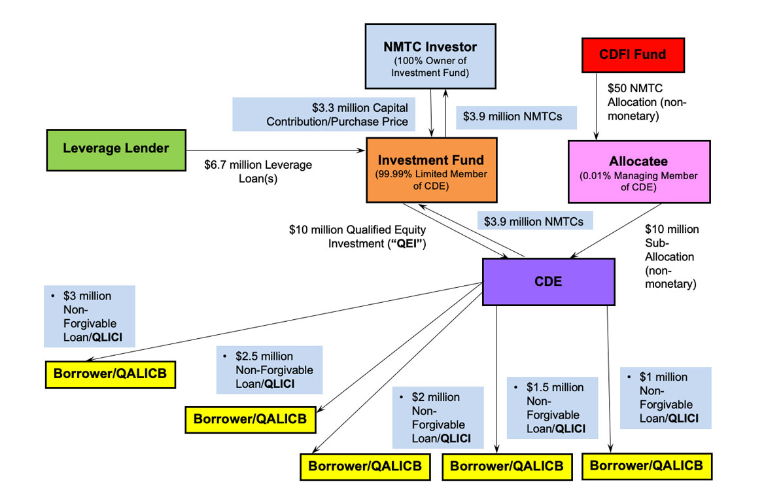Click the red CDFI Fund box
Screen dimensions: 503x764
tap(633, 55)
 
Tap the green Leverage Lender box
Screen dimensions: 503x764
tap(116, 148)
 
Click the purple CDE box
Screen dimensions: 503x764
tap(548, 282)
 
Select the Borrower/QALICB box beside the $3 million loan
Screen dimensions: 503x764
tap(110, 374)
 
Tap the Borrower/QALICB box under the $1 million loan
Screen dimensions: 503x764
tap(646, 466)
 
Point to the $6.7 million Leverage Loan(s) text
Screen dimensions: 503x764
tap(258, 171)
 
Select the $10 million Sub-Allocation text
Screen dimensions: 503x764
tap(670, 256)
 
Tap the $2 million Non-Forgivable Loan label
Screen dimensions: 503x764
tap(436, 417)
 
